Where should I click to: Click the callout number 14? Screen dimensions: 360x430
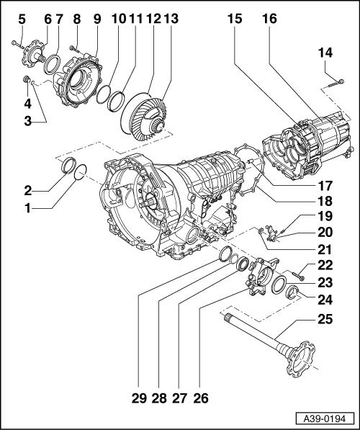pyautogui.click(x=325, y=53)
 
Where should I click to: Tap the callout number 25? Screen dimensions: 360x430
pyautogui.click(x=325, y=319)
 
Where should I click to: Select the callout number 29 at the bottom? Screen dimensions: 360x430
pyautogui.click(x=139, y=398)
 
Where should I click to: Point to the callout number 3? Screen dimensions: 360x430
pyautogui.click(x=27, y=121)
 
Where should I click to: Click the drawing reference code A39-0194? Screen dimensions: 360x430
pyautogui.click(x=325, y=419)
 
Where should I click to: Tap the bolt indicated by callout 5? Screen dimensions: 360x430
pyautogui.click(x=17, y=44)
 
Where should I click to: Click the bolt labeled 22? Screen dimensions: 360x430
pyautogui.click(x=299, y=277)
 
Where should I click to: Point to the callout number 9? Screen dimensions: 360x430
pyautogui.click(x=97, y=19)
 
